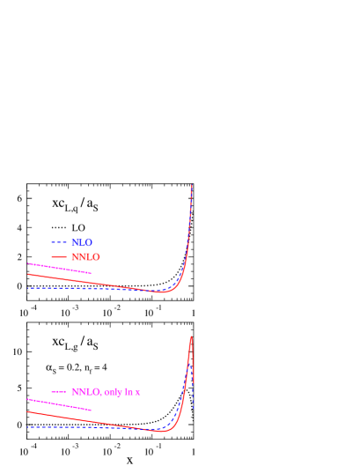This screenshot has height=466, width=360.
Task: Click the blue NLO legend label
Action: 82,242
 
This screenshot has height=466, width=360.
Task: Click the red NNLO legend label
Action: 85,257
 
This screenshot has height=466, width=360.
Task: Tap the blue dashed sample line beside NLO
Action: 59,242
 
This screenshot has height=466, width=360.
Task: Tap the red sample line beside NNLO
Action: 59,256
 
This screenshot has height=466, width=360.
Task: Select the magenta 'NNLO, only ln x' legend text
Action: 106,392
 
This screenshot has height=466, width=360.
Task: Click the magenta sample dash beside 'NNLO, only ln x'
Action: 59,392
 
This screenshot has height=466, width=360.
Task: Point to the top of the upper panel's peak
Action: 192,185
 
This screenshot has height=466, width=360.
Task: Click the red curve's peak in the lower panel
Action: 191,337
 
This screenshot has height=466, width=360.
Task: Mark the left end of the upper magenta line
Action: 27,263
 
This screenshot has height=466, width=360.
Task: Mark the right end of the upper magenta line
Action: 91,273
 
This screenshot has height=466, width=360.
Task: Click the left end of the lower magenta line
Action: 27,399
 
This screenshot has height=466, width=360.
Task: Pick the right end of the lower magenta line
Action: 91,410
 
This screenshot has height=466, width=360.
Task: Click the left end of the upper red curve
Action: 27,274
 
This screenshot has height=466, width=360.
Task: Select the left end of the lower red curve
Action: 27,411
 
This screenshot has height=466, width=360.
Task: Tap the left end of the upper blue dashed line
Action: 27,288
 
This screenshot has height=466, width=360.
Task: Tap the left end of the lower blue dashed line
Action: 27,427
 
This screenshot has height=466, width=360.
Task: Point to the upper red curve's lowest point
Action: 160,292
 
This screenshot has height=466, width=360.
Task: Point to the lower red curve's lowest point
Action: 158,432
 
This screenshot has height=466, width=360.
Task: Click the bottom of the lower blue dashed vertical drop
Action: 193,409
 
